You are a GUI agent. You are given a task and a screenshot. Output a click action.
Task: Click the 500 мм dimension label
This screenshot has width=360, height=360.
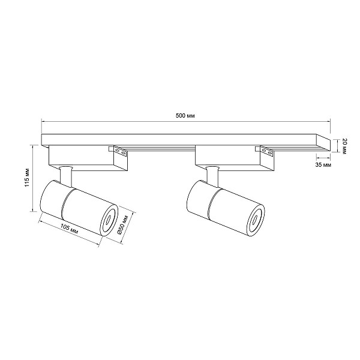tap(185, 116)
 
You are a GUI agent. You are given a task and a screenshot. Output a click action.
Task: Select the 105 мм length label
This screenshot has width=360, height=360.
tap(70, 229)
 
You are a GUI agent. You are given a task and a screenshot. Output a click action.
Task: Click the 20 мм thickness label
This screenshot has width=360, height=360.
tap(344, 146)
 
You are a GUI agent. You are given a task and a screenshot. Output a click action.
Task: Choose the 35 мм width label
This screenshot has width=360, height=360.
tap(323, 165)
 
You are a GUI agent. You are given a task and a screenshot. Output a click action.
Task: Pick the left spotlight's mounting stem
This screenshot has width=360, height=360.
tap(65, 175)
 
